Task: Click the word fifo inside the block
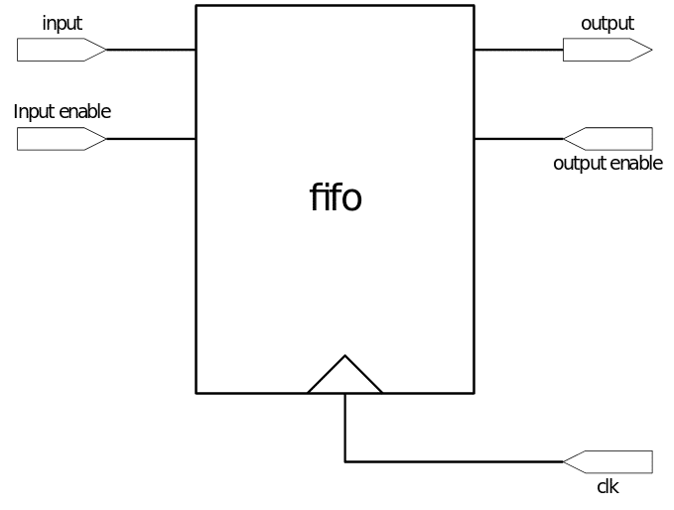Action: coord(336,197)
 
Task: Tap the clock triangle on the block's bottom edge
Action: coord(344,377)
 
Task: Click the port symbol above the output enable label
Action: coord(607,139)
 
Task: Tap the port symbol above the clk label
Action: coord(607,461)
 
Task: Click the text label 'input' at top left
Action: coord(62,23)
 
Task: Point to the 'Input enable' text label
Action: coord(62,111)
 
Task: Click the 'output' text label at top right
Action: coord(607,23)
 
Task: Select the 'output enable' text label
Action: coord(607,164)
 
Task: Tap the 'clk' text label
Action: coord(608,486)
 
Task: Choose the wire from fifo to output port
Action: coord(518,49)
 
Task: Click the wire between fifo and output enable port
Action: coord(518,139)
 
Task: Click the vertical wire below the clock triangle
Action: coord(344,427)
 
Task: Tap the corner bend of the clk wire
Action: coord(344,461)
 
